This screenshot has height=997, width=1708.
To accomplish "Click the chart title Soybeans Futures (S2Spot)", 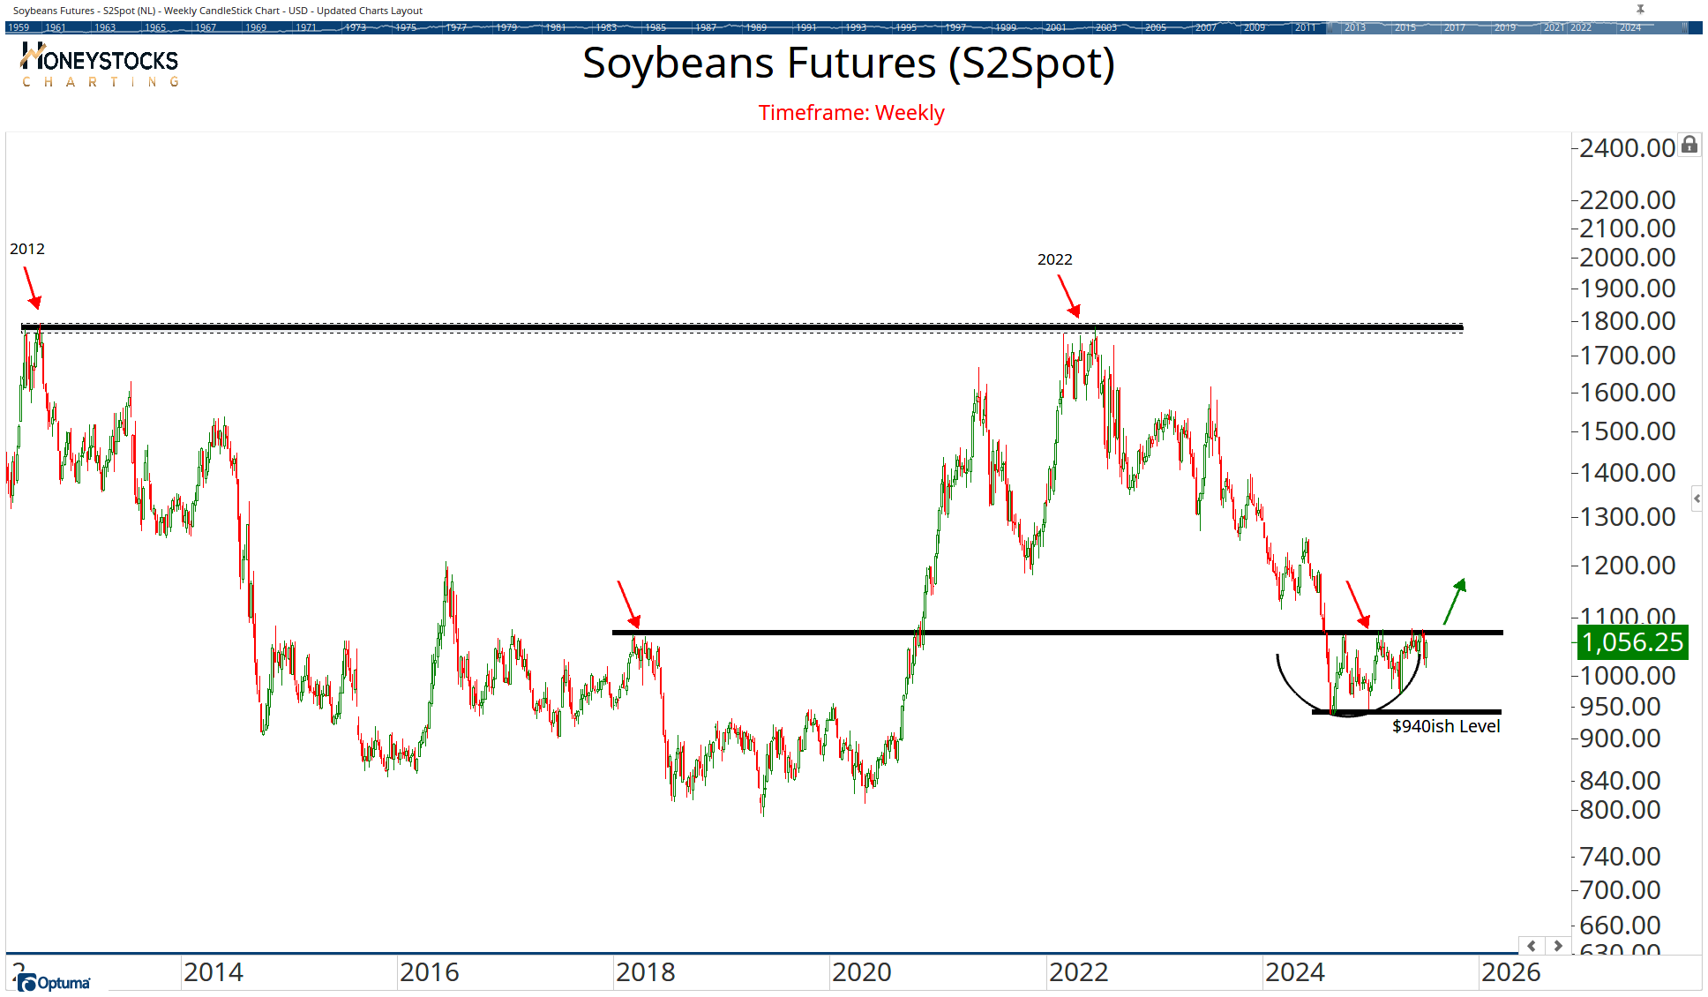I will [x=848, y=64].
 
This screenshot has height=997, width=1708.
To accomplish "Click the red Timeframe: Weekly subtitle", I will [x=850, y=113].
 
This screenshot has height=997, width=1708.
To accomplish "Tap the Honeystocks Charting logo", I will [x=99, y=65].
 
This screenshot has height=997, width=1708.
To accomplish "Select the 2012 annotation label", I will [x=27, y=249].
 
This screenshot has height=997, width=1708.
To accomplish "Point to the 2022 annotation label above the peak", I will [x=1054, y=259].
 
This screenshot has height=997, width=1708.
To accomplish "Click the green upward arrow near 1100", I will [x=1454, y=601].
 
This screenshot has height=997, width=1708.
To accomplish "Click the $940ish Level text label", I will [x=1445, y=726].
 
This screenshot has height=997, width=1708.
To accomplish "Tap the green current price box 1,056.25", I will [x=1631, y=642].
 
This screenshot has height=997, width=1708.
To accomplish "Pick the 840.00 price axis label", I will [x=1620, y=781].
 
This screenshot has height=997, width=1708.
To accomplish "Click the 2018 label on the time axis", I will [x=645, y=972].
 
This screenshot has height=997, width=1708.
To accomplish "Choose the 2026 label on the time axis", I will [x=1510, y=972].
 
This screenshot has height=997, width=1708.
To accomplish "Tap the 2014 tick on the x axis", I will [x=213, y=972].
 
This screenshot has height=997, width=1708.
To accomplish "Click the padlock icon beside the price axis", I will [x=1689, y=145].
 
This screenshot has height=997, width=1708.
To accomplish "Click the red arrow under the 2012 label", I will [x=31, y=288].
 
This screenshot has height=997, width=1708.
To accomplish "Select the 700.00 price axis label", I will [x=1620, y=890].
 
